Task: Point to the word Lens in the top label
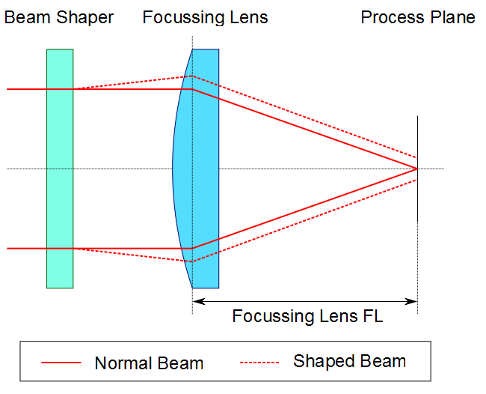click(x=250, y=17)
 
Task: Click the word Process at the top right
click(x=391, y=17)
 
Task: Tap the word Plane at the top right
click(x=452, y=17)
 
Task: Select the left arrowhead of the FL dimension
click(x=197, y=302)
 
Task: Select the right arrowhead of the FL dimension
click(x=413, y=302)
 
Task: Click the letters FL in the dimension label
click(x=372, y=316)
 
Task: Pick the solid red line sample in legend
click(x=61, y=363)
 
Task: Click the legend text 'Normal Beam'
click(x=149, y=363)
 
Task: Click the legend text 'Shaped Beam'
click(x=349, y=361)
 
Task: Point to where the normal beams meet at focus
click(x=417, y=169)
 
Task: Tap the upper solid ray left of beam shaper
click(x=26, y=89)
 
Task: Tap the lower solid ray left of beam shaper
click(x=26, y=248)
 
